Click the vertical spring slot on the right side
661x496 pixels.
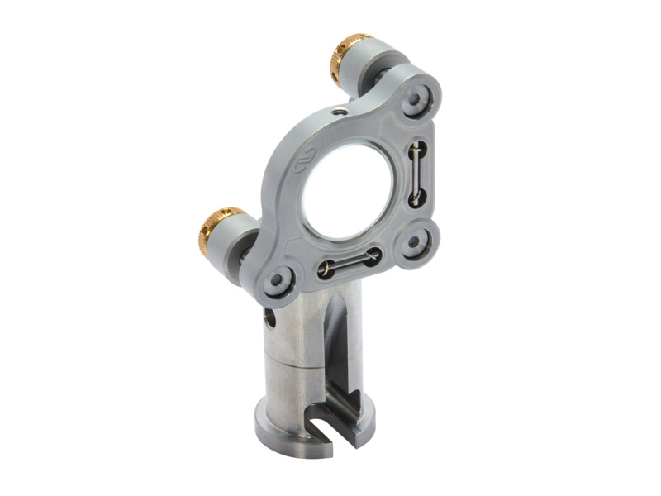pos(418,173)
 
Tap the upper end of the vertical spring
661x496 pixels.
pos(418,150)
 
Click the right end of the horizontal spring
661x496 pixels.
pos(373,255)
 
